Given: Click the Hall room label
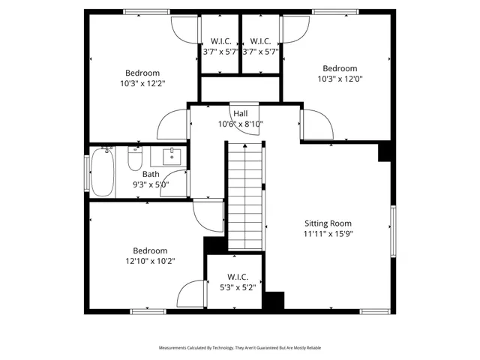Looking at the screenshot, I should click(x=240, y=113).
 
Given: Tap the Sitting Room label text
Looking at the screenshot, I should click(x=328, y=223).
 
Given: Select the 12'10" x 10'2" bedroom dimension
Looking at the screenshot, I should click(x=150, y=261).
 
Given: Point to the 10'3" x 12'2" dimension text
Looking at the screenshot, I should click(x=143, y=83).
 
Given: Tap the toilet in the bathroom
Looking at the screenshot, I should click(x=135, y=159).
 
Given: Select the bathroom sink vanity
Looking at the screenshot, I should click(x=170, y=156).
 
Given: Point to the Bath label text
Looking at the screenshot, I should click(x=151, y=174).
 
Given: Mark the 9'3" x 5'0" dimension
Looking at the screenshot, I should click(x=151, y=184).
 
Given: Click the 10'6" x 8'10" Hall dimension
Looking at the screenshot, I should click(x=240, y=124).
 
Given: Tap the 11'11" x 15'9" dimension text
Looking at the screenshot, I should click(x=328, y=233).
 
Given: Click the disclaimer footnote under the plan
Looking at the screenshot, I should click(x=239, y=348).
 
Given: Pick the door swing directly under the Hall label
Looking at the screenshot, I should click(x=246, y=135).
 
